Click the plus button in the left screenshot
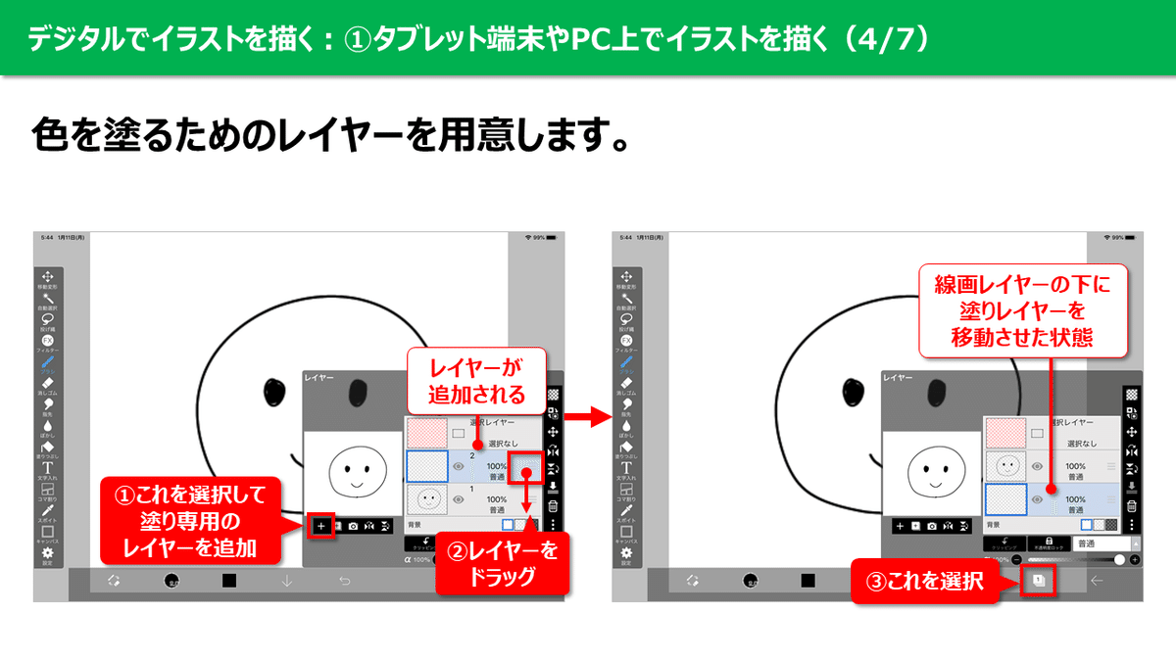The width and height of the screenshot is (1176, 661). (x=320, y=526)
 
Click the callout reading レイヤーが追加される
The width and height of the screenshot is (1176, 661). (x=475, y=381)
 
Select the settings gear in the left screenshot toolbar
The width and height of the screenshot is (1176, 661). (x=48, y=554)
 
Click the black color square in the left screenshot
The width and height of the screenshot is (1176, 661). (x=228, y=581)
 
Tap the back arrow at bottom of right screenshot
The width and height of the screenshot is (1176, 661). (x=1097, y=581)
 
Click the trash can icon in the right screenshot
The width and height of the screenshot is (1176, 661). (x=1132, y=506)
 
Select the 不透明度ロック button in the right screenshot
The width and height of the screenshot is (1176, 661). (x=1050, y=543)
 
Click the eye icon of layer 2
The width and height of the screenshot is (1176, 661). (x=458, y=467)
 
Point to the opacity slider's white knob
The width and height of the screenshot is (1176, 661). (x=1119, y=559)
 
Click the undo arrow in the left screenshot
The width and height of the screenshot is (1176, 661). (x=345, y=581)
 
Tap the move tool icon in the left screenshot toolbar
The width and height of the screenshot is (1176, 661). (x=48, y=277)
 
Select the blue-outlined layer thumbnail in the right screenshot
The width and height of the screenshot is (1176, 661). (x=1005, y=499)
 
